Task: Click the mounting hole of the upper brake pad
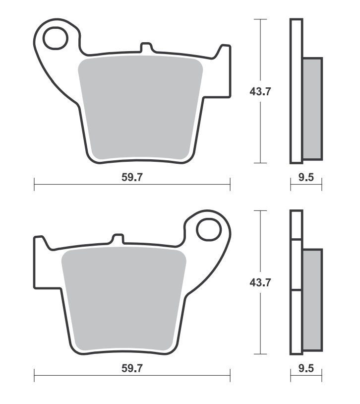pos(56,38)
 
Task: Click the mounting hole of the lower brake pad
pos(209,230)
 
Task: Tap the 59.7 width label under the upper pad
pos(132,177)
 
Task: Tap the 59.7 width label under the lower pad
pos(132,368)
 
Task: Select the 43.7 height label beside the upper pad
pos(260,91)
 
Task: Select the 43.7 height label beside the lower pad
pos(260,282)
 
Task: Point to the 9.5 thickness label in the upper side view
pos(306,177)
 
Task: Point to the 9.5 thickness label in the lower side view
pos(306,368)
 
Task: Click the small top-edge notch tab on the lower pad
pos(118,239)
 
